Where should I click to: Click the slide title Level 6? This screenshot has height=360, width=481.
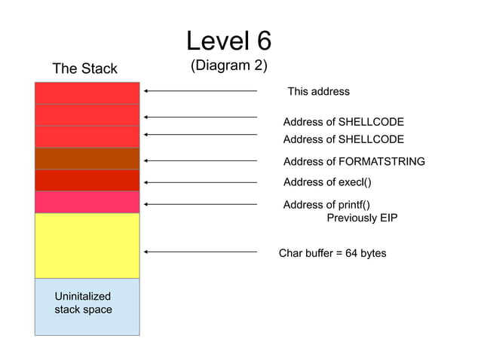[228, 41]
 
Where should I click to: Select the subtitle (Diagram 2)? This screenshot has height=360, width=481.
[228, 66]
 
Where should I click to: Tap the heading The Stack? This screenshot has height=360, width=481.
[84, 69]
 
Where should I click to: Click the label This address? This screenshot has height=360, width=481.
[318, 91]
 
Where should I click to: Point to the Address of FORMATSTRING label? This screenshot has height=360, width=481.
[354, 161]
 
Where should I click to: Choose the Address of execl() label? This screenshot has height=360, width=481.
[327, 182]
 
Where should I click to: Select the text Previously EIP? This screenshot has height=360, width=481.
[362, 218]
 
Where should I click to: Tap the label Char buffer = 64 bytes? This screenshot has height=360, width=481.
[332, 253]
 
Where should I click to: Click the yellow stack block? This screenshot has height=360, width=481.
[87, 246]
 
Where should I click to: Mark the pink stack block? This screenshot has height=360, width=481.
[87, 202]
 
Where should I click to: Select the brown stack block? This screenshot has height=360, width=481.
[87, 158]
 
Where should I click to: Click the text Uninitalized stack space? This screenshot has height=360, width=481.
[83, 303]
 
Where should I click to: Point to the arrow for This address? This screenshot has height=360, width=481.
[200, 91]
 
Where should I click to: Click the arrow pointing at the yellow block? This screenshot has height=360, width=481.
[200, 252]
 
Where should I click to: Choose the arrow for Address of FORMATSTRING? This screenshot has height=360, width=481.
[200, 160]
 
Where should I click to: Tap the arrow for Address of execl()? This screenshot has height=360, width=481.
[200, 182]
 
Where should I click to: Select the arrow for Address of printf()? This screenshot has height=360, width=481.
[200, 204]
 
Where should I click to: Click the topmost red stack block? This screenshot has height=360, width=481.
[87, 92]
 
